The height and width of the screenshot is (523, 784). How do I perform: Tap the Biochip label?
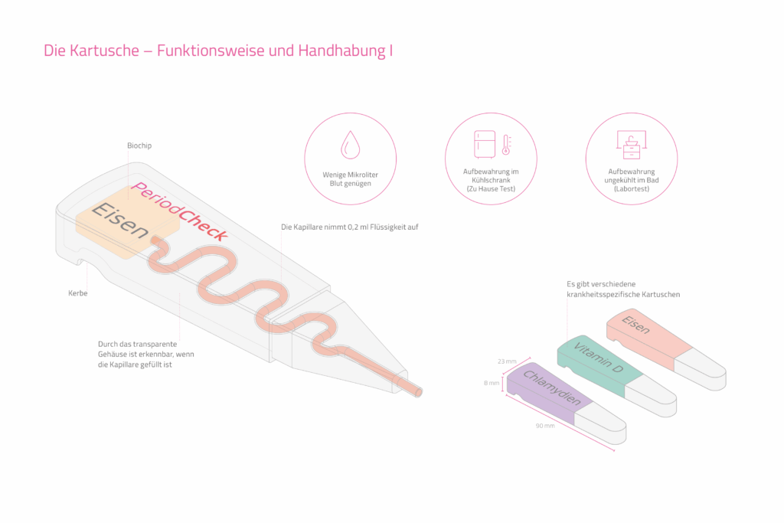(140, 145)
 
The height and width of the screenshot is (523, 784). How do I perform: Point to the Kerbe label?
(77, 293)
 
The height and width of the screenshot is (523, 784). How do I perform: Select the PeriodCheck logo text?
(179, 211)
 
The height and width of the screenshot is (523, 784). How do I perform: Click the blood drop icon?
(350, 143)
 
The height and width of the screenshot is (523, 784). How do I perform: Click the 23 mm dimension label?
(506, 361)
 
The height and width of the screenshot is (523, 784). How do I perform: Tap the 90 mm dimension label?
(544, 425)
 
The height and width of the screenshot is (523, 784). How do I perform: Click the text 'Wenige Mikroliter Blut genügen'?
(350, 179)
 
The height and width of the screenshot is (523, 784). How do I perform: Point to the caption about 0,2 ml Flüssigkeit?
(349, 227)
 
